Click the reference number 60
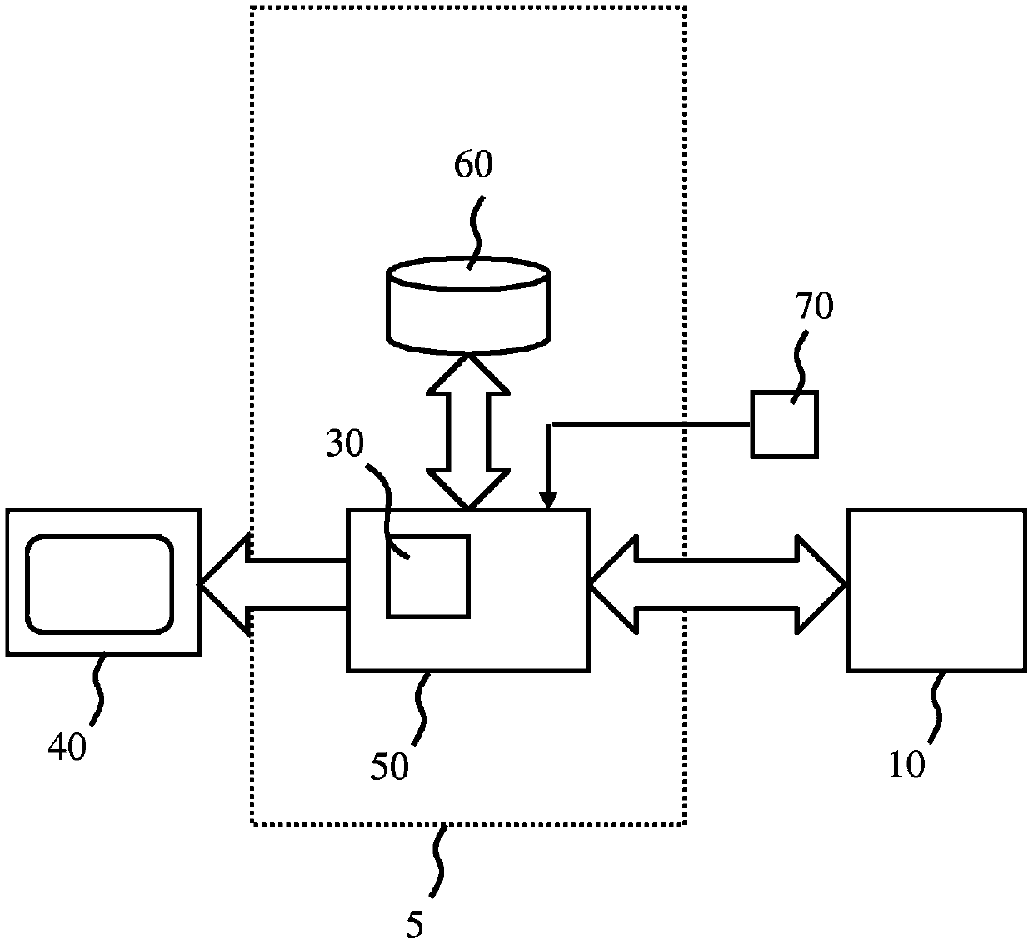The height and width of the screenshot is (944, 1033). point(473,164)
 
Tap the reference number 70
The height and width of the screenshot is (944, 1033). point(814,306)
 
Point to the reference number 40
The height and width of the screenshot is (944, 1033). point(67,747)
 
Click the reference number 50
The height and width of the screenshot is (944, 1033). point(389,766)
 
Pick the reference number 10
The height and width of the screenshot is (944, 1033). point(907,764)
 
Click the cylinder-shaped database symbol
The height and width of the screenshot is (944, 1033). point(467,306)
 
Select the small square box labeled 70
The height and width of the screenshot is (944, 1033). point(784,424)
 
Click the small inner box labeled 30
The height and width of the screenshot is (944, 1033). point(428,576)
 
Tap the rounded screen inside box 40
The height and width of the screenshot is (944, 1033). point(99,584)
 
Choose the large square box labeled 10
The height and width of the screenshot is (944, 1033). point(936,591)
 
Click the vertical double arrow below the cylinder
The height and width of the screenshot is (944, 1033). point(468,432)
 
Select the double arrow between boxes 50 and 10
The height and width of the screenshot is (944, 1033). point(718,584)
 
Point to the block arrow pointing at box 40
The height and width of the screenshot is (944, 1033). point(273,584)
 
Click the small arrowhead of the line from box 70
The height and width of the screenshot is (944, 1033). point(548,501)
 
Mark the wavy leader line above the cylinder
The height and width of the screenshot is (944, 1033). point(477,232)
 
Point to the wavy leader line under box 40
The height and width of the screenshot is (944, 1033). point(97,688)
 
